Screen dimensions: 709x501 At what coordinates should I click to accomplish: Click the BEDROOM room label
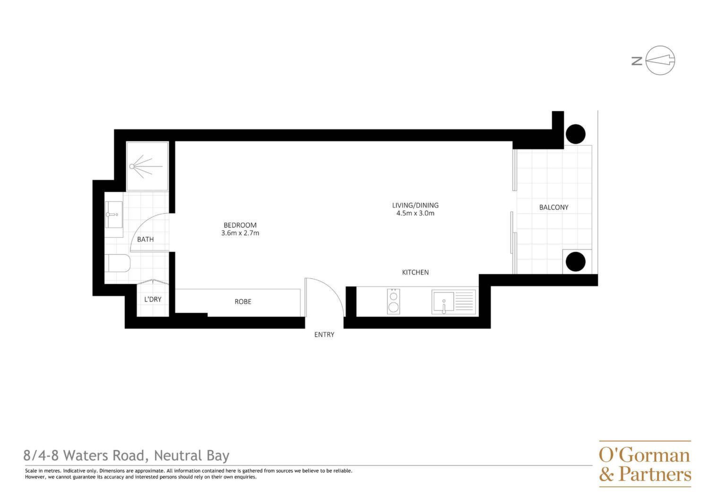[240, 225]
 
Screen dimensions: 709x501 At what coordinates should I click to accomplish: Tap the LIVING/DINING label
[415, 206]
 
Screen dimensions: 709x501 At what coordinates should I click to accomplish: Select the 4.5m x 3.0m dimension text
[415, 213]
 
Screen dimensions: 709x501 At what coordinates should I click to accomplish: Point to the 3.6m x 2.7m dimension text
[240, 233]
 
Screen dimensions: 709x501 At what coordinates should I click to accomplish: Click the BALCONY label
[553, 207]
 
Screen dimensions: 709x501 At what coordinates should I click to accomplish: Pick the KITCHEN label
[415, 272]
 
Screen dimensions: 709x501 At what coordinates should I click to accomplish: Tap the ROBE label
[243, 302]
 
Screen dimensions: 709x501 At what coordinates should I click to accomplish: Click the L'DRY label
[153, 299]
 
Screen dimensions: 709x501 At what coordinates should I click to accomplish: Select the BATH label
[145, 240]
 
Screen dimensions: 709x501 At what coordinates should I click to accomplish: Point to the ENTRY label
[324, 335]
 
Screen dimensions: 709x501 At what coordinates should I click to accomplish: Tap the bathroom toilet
[117, 263]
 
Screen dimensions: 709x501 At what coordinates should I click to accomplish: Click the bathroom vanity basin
[113, 215]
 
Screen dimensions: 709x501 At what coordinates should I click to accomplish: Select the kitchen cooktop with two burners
[393, 301]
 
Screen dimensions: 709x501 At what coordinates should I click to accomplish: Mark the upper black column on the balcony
[575, 134]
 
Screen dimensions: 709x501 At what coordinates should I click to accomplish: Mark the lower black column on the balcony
[575, 261]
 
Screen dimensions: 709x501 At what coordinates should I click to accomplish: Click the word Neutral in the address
[178, 456]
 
